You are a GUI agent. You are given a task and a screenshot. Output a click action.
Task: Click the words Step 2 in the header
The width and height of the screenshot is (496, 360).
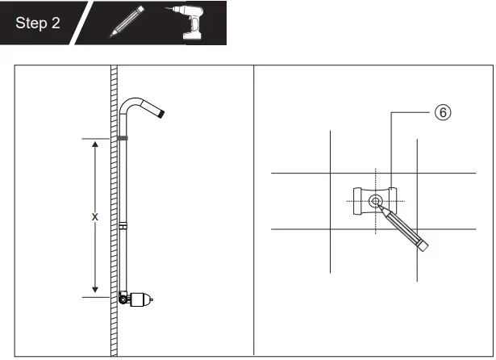coord(38,23)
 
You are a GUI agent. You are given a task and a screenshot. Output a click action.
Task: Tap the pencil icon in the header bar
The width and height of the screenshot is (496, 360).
coord(126,22)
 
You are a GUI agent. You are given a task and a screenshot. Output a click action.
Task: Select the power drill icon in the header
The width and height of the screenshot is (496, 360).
coord(186,22)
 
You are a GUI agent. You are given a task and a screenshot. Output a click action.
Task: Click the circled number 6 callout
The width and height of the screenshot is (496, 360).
coord(443,112)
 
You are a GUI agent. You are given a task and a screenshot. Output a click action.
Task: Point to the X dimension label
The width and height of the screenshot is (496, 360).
coord(95,217)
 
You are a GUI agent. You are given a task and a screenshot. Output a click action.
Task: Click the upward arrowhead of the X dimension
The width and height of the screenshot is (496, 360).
coord(95,144)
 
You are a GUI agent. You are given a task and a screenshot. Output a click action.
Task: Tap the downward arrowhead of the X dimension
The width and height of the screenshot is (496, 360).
coord(95,290)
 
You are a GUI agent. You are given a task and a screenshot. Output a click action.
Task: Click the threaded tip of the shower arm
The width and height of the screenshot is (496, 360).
coord(161,113)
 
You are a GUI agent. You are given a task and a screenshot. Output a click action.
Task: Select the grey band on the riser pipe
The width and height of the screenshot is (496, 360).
coord(122,138)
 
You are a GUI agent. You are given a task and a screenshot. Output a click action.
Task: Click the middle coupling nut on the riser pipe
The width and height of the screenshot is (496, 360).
coord(123,226)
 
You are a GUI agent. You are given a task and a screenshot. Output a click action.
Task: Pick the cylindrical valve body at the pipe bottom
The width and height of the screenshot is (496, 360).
coord(140,299)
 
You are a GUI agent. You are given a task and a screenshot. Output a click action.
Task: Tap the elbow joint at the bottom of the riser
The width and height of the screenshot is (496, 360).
coord(123,298)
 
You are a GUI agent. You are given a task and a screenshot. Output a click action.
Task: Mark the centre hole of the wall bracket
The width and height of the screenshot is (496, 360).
coord(376,201)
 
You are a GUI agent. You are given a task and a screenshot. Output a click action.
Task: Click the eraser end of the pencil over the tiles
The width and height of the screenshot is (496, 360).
coord(423,245)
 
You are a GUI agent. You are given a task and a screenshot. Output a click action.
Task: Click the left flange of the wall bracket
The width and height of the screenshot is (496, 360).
coord(357,201)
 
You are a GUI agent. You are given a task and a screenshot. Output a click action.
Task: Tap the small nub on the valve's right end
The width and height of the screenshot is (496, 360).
coord(152,299)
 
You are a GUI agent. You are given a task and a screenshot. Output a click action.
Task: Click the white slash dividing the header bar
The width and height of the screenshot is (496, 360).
coord(81,23)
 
